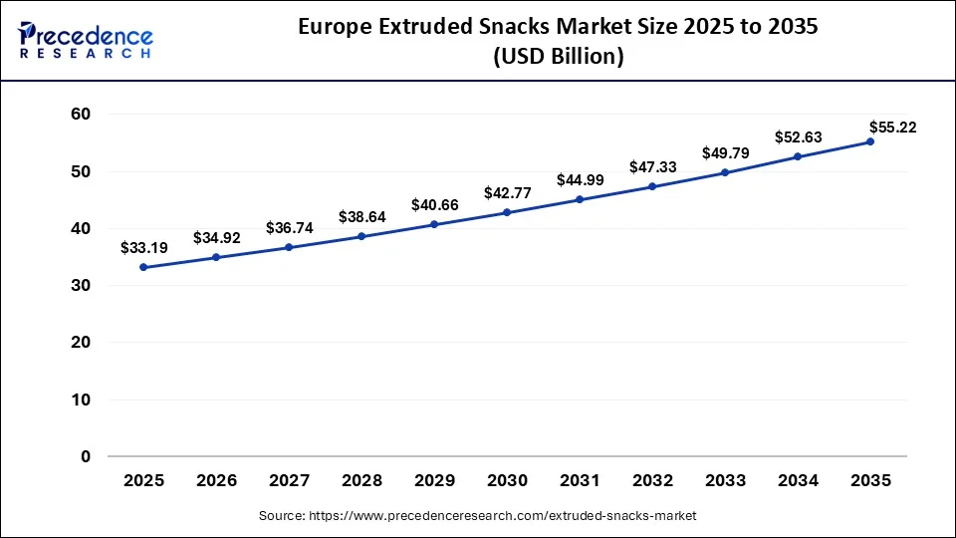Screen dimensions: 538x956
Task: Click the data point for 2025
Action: [x=143, y=267]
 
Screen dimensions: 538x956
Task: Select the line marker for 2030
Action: [x=507, y=212]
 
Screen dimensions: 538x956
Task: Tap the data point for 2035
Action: [x=870, y=141]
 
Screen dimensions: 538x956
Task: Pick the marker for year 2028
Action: [x=361, y=236]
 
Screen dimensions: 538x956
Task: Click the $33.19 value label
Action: [x=143, y=247]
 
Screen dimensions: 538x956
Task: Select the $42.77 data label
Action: [x=507, y=193]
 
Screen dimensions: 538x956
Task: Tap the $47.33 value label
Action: [x=652, y=167]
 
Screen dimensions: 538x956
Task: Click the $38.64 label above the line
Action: [x=361, y=216]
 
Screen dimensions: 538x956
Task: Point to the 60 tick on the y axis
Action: [x=81, y=115]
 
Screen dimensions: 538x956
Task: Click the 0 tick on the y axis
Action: [x=86, y=456]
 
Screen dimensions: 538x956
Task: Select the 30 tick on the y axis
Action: [x=81, y=286]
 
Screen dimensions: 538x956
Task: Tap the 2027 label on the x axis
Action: [x=289, y=480]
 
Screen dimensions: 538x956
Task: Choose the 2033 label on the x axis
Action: [x=725, y=480]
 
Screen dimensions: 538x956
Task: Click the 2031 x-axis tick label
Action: [x=580, y=480]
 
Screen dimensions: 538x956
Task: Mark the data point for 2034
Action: [x=798, y=156]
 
